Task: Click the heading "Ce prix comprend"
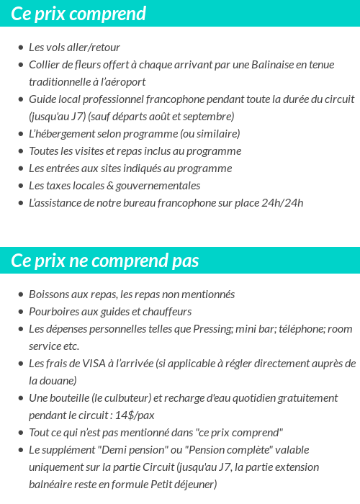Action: click(x=78, y=14)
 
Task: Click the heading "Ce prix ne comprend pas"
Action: click(x=105, y=260)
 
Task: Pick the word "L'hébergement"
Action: click(x=63, y=134)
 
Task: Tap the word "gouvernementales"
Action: click(x=156, y=186)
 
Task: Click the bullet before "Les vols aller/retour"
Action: click(x=20, y=48)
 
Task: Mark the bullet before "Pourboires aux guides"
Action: click(x=20, y=312)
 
